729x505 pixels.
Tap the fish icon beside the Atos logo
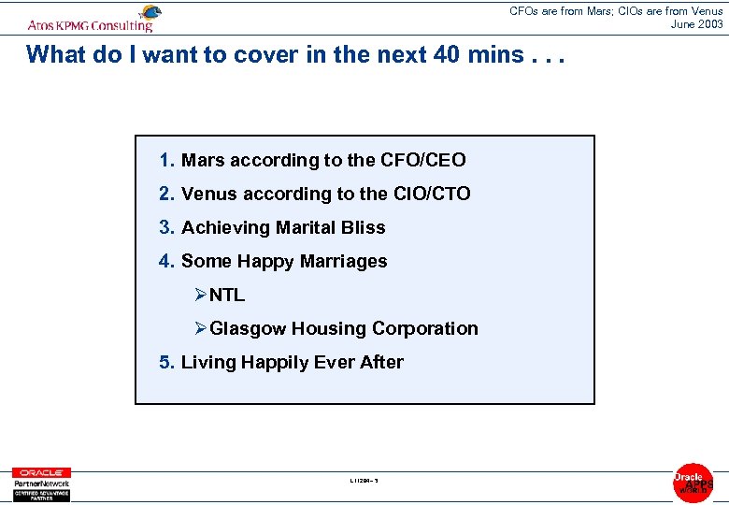tap(149, 13)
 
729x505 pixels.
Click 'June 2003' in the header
tap(696, 24)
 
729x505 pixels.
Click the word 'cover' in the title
tap(256, 54)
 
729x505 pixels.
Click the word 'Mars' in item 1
tap(203, 160)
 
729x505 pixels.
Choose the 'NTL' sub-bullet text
tap(227, 295)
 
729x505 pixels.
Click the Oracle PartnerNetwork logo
tap(40, 483)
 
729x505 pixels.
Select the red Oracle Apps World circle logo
tap(693, 483)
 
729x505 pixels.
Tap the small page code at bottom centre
tap(364, 482)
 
